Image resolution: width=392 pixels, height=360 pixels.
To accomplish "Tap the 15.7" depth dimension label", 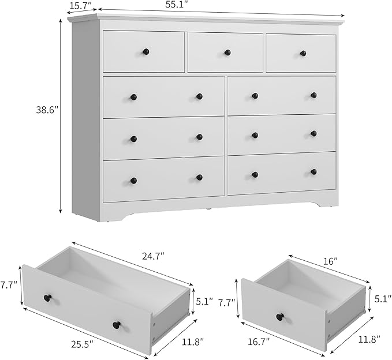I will tap(81, 6).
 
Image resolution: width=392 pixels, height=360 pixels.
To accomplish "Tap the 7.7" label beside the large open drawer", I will tap(9, 285).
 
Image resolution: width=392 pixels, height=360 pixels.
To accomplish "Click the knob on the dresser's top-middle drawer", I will tap(227, 52).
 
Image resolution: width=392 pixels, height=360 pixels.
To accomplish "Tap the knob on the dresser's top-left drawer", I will tap(145, 51).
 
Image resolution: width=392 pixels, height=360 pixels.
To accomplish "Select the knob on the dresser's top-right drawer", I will tap(303, 53).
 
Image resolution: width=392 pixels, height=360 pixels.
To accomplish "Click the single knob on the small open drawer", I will tap(280, 317).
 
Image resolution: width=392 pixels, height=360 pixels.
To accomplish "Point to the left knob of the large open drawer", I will tap(47, 298).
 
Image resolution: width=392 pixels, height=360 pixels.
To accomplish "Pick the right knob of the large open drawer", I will tap(117, 325).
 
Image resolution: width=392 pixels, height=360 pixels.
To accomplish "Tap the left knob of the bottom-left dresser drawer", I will tap(133, 181).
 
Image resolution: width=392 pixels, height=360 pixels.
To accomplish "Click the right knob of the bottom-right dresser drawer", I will tap(313, 171).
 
